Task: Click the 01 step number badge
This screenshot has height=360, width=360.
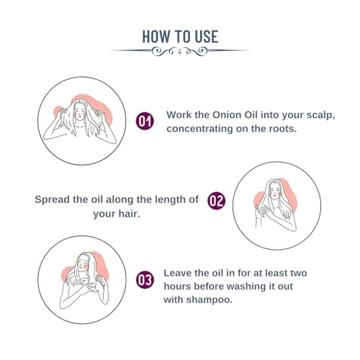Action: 145,121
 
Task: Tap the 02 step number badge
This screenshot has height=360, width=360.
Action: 217,201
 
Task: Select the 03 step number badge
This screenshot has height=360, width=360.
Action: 145,280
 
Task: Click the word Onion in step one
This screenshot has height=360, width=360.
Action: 227,115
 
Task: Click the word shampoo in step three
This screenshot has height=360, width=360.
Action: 209,300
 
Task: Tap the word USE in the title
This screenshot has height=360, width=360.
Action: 206,37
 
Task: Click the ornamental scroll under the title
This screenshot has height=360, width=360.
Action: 180,51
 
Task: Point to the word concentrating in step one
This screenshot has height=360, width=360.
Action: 199,129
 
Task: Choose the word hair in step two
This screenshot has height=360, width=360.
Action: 129,214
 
